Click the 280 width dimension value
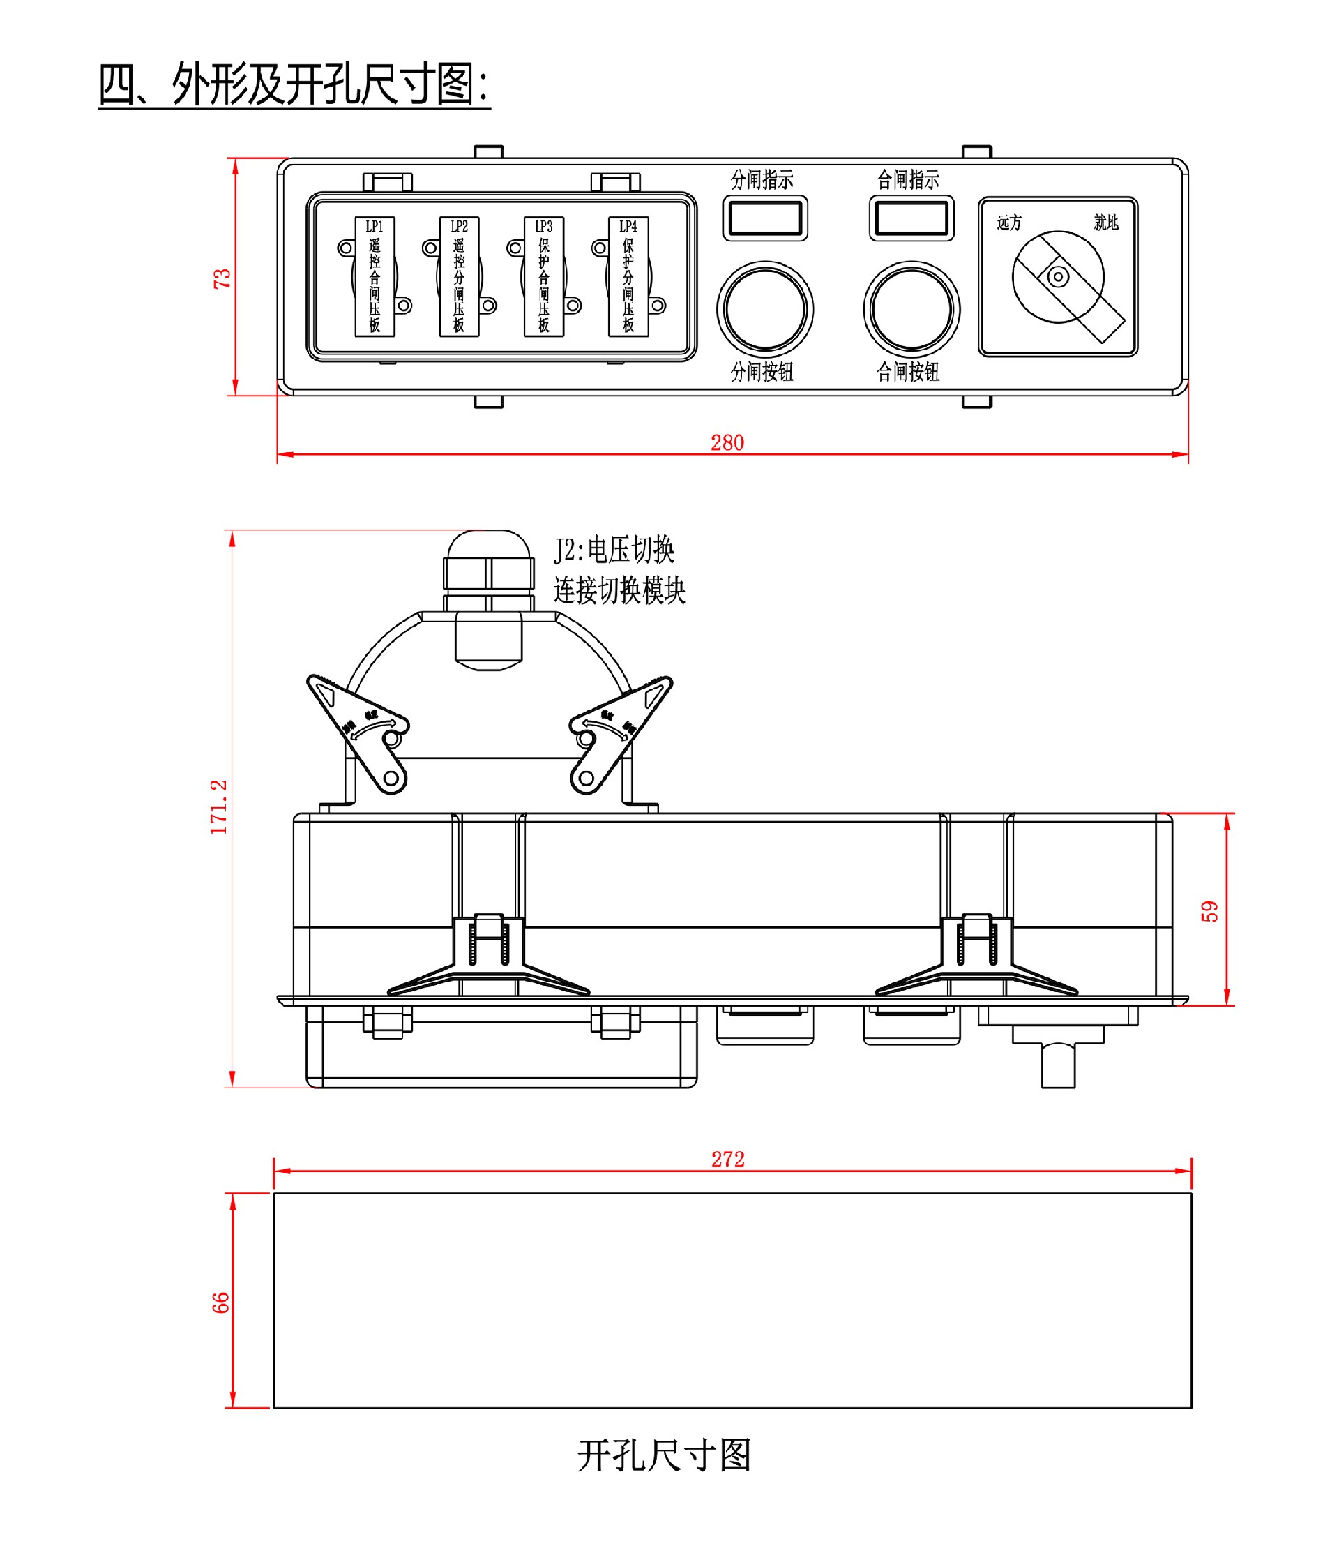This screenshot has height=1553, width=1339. click(x=727, y=442)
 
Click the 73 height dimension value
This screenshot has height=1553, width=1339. click(x=222, y=278)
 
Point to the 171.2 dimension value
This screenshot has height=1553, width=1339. click(x=218, y=807)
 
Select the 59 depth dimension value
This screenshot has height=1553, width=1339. click(x=1209, y=911)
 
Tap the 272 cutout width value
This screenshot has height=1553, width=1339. click(x=727, y=1160)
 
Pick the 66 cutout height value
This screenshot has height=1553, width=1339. click(x=220, y=1303)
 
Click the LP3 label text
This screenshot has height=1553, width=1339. click(x=543, y=226)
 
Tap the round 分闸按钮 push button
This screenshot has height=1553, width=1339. click(x=764, y=309)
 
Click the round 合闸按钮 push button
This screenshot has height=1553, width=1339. click(x=911, y=309)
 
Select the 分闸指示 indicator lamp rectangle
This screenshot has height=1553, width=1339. click(x=764, y=219)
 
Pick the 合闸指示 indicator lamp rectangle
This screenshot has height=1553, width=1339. click(x=911, y=219)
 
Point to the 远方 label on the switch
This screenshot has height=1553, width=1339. click(x=1008, y=223)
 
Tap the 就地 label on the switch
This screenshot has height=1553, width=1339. click(x=1105, y=223)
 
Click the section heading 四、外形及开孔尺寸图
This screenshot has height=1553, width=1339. click(x=294, y=84)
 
